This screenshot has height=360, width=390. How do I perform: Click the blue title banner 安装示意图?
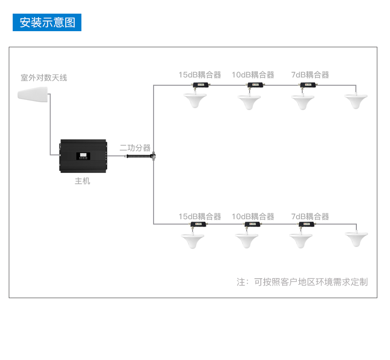[47, 22]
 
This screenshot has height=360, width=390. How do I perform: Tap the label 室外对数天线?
[44, 78]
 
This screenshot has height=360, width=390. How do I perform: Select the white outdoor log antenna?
[33, 94]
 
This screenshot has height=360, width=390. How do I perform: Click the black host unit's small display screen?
[83, 156]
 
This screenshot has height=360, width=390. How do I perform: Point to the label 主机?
[82, 181]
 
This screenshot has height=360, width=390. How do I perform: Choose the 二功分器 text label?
[135, 148]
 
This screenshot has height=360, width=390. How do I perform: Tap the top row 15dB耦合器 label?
[200, 75]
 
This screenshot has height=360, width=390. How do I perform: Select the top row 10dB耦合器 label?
[253, 75]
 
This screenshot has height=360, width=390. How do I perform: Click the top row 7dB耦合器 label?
[310, 75]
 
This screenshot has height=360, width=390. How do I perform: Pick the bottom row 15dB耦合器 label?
[200, 217]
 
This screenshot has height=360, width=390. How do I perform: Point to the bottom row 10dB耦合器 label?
[253, 217]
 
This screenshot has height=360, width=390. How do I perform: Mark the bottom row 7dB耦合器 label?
[310, 217]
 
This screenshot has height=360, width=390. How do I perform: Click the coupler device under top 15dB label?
[200, 85]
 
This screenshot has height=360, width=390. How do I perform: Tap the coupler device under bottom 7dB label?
[307, 224]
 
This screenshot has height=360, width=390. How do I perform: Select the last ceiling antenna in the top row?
[356, 101]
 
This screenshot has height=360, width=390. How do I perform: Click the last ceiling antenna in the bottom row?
[356, 239]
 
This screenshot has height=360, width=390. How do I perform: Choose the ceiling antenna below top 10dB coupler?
[249, 102]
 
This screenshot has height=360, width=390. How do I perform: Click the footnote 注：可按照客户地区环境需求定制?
[302, 282]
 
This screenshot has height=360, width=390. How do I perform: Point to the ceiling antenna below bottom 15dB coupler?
[193, 241]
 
